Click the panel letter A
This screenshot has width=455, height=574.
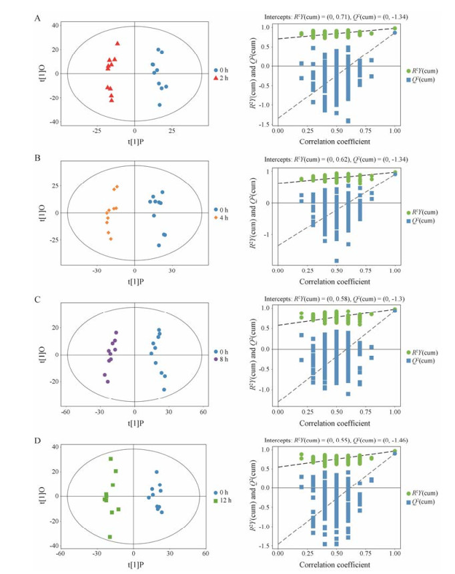[37, 18]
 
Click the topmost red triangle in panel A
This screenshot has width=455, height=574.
[117, 43]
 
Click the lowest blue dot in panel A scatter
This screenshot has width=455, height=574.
[159, 105]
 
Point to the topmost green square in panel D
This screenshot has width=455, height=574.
[111, 459]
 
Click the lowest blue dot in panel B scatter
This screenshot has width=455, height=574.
[159, 246]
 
